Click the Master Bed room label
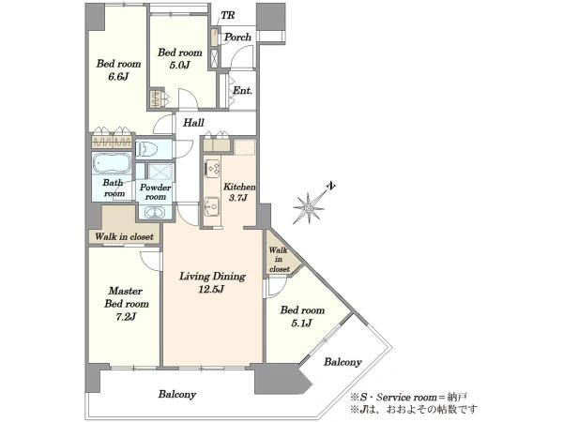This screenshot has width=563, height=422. pos(127,304)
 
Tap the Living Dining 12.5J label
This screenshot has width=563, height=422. pos(212,282)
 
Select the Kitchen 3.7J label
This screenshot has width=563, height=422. pos(239,192)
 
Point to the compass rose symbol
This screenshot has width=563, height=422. pos(311,205)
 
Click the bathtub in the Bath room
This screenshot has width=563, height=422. pos(112,163)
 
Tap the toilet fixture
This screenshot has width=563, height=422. pos(147,148)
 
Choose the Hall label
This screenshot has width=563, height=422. pos(193,123)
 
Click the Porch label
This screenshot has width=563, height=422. pos(237,37)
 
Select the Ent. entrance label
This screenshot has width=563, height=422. pos(242,90)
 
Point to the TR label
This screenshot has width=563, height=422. pos(227,15)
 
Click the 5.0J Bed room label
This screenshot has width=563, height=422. pos(179,58)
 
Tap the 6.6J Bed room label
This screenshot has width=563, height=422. pos(118,70)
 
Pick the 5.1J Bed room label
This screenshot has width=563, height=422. pos(302,316)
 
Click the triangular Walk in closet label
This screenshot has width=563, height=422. pos(279,260)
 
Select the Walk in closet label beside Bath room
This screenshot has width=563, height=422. pos(124,237)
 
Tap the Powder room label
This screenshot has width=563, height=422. pos(155,192)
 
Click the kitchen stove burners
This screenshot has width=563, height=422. pos(212,168)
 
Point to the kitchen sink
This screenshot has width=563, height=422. pos(212,206)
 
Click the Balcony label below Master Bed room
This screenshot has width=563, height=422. pos(177,395)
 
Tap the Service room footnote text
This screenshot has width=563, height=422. pos(408,398)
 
